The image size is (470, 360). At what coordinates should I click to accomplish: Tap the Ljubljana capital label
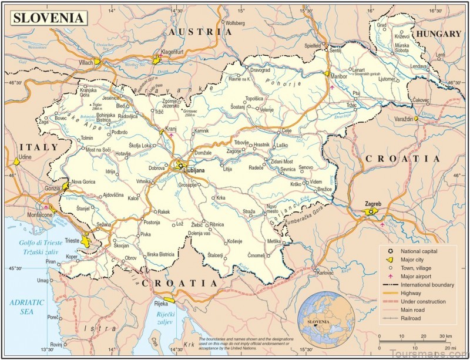coord(194,170)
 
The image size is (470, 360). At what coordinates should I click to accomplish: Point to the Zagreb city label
coord(373,204)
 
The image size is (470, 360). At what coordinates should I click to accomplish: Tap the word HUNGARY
coord(439,34)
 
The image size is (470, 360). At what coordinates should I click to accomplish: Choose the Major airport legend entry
coord(416,276)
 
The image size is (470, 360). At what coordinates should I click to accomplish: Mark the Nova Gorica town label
coord(83,182)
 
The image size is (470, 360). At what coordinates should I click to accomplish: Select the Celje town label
coord(287,130)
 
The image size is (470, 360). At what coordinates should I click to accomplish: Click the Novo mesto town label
coord(271,208)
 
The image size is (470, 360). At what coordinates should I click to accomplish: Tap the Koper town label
coord(72,257)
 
